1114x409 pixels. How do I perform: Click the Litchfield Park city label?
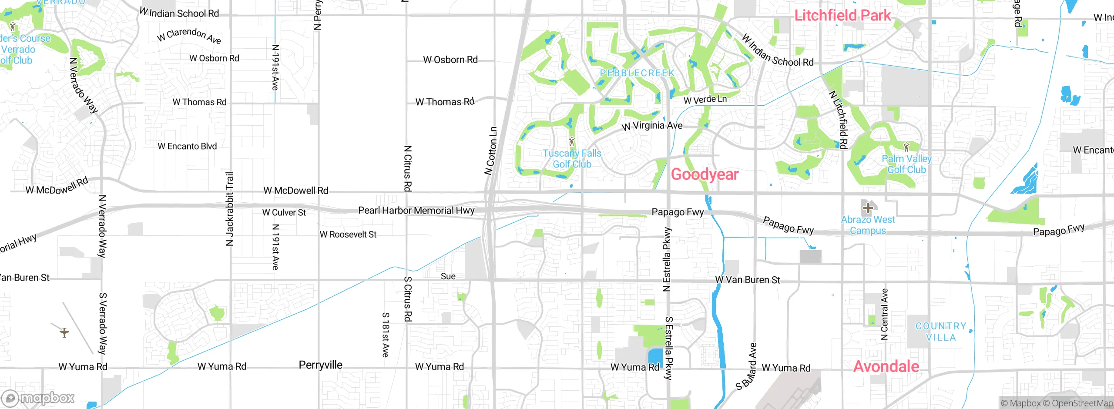tap(842, 16)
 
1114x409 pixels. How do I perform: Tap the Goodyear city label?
tap(705, 174)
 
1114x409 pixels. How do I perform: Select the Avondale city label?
tap(886, 366)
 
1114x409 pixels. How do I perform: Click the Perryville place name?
tap(320, 365)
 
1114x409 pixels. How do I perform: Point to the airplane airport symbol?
tap(64, 333)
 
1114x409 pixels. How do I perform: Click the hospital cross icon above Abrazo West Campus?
tap(868, 208)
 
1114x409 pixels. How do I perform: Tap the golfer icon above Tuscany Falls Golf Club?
tap(572, 142)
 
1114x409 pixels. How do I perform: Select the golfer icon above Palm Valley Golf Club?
tap(906, 147)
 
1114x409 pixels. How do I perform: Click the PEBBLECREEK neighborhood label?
tap(637, 73)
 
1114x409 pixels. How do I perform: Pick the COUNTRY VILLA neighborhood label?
tap(941, 332)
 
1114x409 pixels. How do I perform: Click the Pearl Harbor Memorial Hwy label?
tap(416, 211)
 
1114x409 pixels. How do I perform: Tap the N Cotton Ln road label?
tap(491, 151)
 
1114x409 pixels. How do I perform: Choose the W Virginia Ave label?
tap(652, 126)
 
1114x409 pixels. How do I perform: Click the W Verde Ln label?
tap(705, 100)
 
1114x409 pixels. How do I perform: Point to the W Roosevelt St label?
tap(348, 235)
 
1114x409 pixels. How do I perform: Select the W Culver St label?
tap(284, 212)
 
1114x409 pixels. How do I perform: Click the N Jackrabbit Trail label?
tap(229, 209)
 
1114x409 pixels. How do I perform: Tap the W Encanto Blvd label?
tap(187, 146)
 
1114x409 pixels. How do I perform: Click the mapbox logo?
tap(38, 398)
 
